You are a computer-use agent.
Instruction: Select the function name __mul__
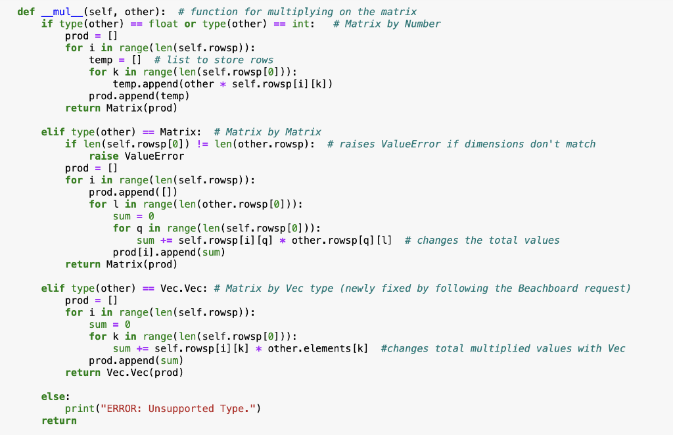pyautogui.click(x=62, y=12)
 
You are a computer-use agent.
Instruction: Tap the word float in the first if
pyautogui.click(x=163, y=24)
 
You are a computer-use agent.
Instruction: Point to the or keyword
pyautogui.click(x=190, y=24)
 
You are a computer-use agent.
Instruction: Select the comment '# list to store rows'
pyautogui.click(x=214, y=60)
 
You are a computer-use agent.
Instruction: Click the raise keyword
pyautogui.click(x=104, y=156)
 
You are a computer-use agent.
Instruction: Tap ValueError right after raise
pyautogui.click(x=154, y=156)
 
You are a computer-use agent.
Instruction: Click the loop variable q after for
pyautogui.click(x=139, y=228)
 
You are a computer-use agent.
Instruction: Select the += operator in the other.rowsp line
pyautogui.click(x=166, y=240)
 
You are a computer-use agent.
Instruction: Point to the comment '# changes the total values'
pyautogui.click(x=482, y=240)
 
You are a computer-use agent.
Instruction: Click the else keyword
pyautogui.click(x=53, y=396)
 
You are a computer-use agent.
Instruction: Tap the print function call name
pyautogui.click(x=80, y=408)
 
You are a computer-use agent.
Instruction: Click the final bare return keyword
pyautogui.click(x=59, y=421)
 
